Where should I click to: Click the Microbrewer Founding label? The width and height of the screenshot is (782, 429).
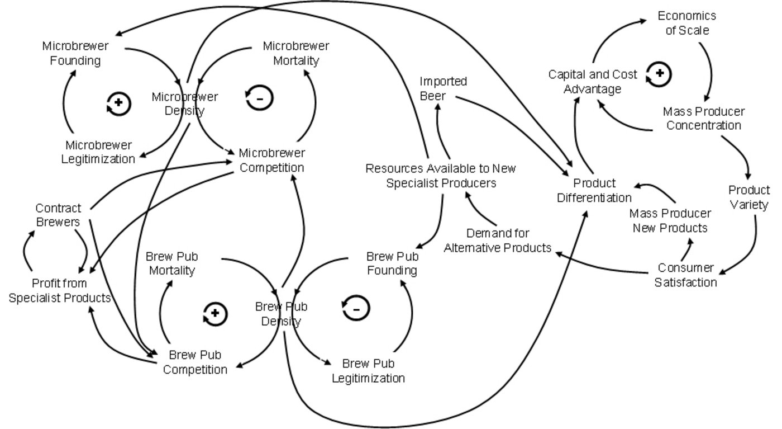click(x=75, y=53)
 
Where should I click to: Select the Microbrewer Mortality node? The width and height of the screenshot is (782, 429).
click(x=296, y=53)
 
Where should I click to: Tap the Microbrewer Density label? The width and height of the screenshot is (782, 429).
click(x=185, y=103)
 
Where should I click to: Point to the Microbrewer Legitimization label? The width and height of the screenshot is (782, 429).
click(x=100, y=152)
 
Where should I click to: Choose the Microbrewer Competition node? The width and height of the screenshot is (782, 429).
click(x=271, y=160)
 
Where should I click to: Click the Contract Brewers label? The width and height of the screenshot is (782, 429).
click(x=58, y=215)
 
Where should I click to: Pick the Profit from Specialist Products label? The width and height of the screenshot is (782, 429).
click(x=60, y=290)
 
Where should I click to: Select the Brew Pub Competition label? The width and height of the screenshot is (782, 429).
click(x=195, y=362)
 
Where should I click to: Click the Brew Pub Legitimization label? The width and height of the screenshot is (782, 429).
click(x=368, y=370)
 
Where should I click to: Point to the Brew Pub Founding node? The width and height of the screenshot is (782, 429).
click(x=392, y=263)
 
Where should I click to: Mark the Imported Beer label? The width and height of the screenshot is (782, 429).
click(x=443, y=89)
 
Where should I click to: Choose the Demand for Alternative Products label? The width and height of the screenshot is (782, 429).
click(x=497, y=240)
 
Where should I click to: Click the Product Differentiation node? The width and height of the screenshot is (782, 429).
click(x=594, y=190)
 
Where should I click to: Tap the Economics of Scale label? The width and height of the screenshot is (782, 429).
click(x=686, y=23)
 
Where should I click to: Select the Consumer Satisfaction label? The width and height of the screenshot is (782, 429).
click(x=685, y=275)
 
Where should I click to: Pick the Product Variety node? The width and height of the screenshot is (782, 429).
click(x=749, y=197)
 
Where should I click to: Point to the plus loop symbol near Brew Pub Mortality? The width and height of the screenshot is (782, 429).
click(x=216, y=314)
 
